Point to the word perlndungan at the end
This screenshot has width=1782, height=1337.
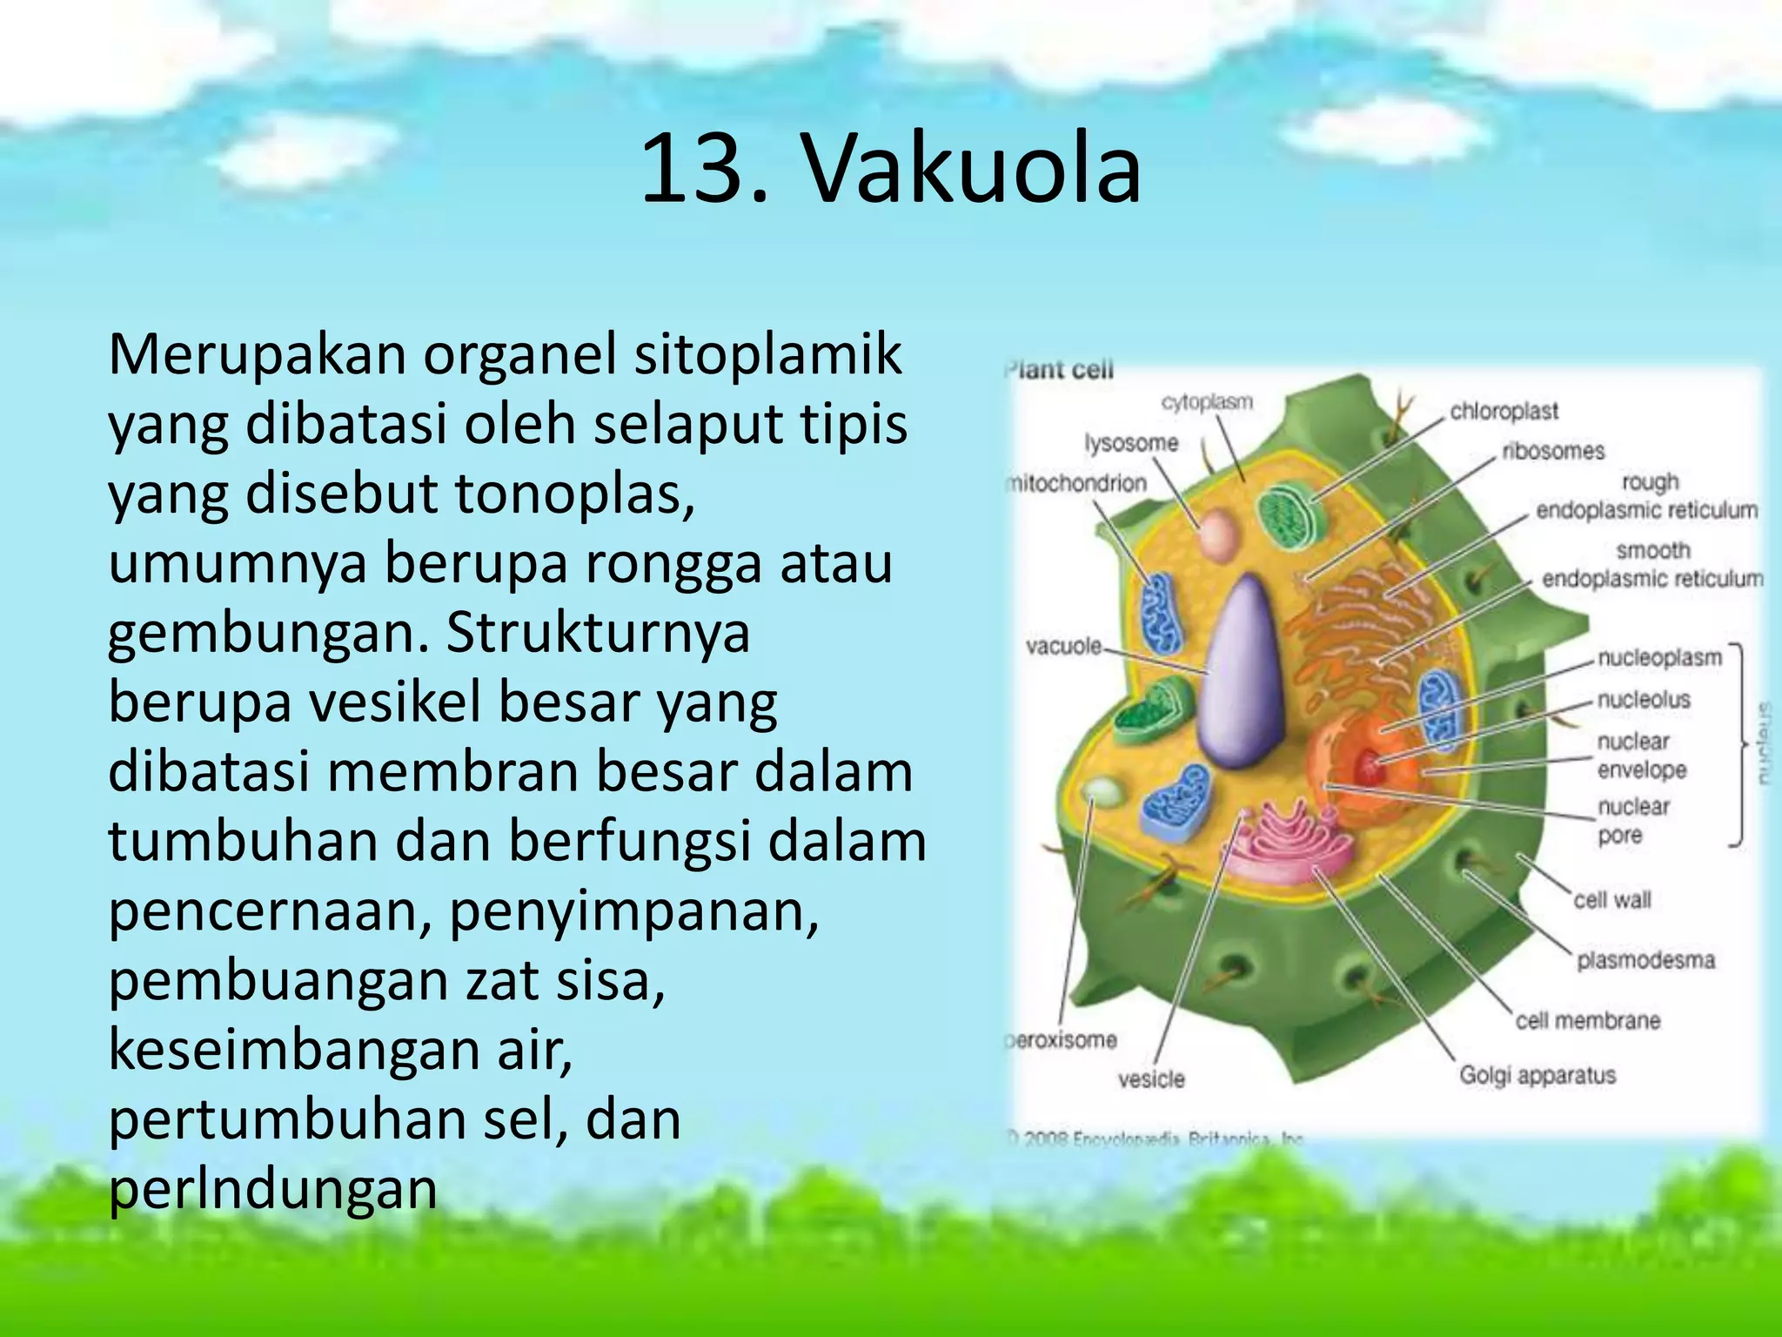coord(272,1190)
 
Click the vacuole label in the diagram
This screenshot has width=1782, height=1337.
coord(1063,646)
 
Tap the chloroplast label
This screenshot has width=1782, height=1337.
coord(1504,411)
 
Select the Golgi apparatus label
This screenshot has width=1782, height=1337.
coord(1537,1075)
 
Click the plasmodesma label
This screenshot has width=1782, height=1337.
coord(1645,960)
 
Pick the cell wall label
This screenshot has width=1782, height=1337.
coord(1611,899)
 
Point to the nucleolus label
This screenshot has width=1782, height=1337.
coord(1643,699)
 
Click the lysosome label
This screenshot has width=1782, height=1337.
coord(1130,443)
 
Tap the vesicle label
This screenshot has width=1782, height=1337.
coord(1150,1079)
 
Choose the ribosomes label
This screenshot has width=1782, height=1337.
coord(1552,451)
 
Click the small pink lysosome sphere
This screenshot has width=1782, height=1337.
coord(1216,535)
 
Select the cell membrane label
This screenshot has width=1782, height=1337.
coord(1587,1020)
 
